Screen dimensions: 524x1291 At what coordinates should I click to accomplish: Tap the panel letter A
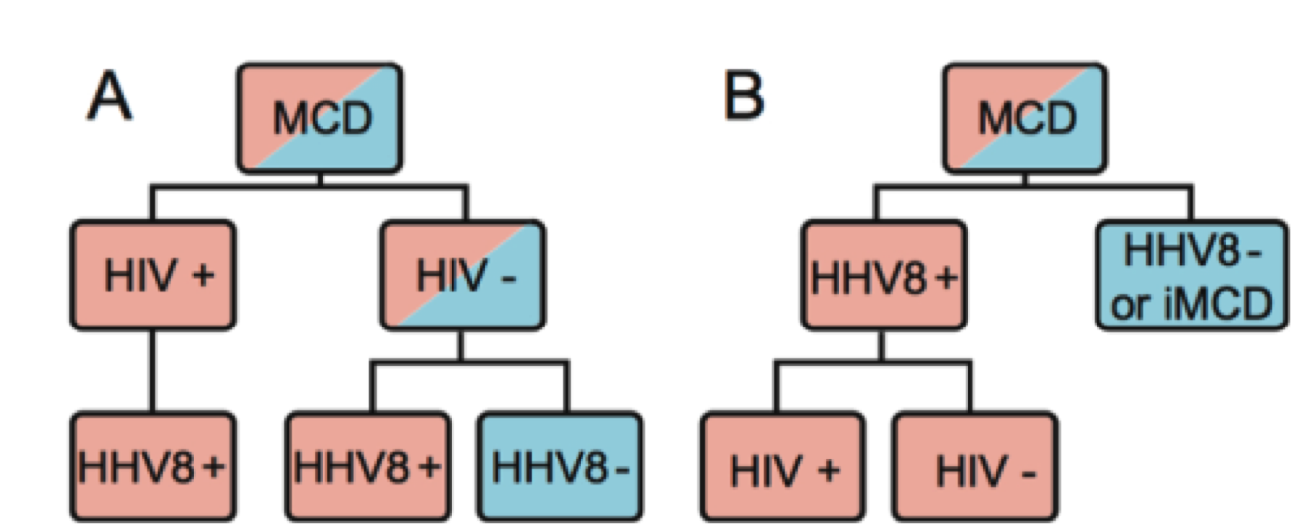(109, 98)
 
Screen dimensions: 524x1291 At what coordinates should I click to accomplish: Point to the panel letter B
(743, 98)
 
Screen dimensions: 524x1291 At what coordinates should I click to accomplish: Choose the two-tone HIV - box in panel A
(462, 277)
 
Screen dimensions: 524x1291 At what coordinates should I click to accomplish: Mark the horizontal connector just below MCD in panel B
(1032, 186)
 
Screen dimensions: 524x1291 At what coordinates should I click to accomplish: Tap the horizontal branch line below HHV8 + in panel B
(878, 364)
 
